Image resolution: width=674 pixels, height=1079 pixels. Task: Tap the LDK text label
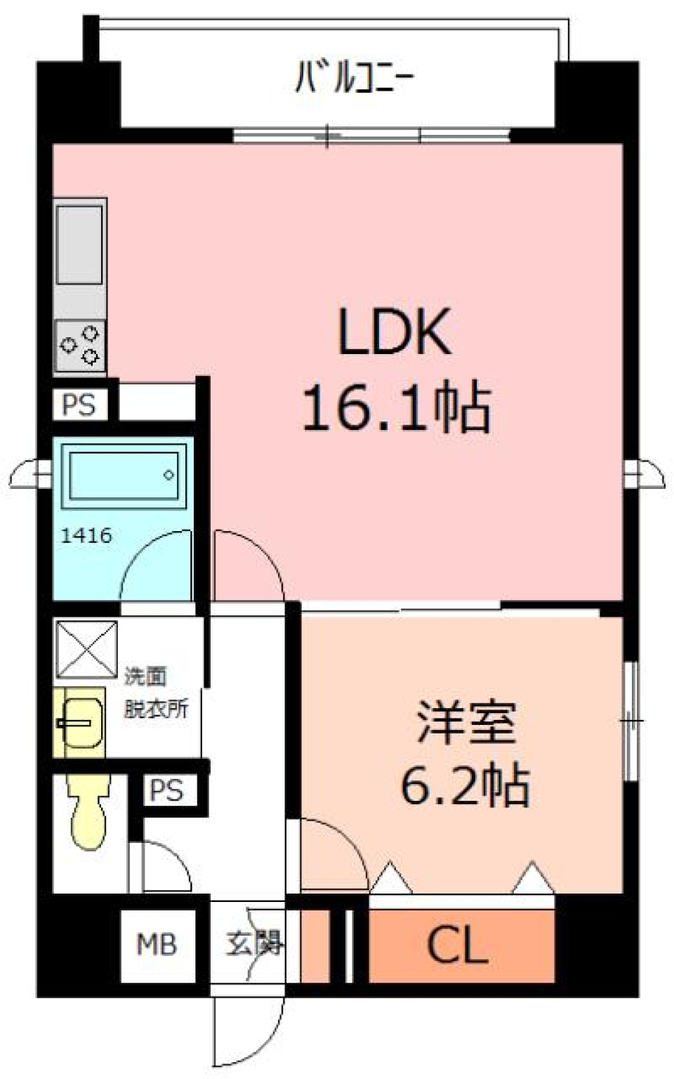[x=394, y=332]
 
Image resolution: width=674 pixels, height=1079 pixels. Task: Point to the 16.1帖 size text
[x=396, y=408]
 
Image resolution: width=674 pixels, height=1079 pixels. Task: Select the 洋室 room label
[x=466, y=722]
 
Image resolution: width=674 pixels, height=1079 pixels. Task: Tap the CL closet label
[x=457, y=946]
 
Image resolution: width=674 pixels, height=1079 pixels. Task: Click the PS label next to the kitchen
[x=79, y=405]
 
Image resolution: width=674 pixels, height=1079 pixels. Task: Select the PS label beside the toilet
[x=166, y=791]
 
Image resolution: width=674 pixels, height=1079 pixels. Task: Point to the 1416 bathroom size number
[x=86, y=536]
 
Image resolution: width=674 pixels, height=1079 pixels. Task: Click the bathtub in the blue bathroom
[x=122, y=475]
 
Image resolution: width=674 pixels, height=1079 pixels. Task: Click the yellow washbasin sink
[x=79, y=723]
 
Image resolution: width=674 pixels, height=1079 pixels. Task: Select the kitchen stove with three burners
[x=80, y=345]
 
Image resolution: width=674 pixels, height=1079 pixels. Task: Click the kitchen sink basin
[x=79, y=244]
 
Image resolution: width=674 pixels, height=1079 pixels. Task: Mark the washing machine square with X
[x=86, y=650]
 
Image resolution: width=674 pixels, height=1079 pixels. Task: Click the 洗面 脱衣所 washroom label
[x=156, y=693]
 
